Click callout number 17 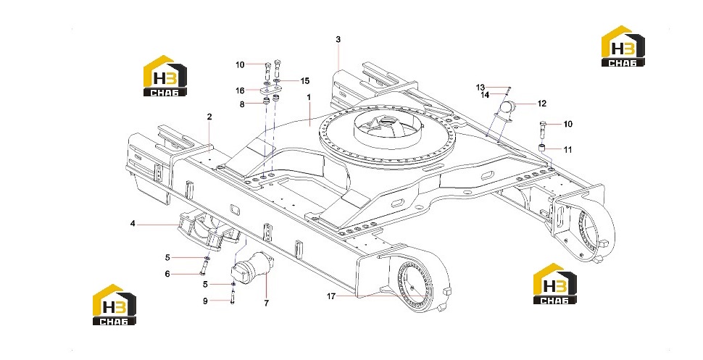331,296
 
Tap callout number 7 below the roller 266,303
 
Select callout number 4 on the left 133,223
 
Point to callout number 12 542,104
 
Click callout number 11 567,150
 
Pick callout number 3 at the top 338,39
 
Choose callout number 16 241,91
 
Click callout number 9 205,301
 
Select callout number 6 167,274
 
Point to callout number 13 481,88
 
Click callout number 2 209,117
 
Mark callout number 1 309,97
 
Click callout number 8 242,104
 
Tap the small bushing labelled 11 542,148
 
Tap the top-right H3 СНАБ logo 623,46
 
